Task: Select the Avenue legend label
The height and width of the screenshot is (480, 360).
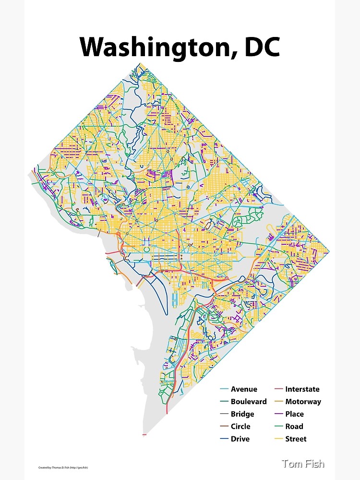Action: pos(244,389)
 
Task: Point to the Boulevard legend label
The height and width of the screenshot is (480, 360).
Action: pos(249,402)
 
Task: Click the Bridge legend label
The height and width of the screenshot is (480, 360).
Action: pos(242,414)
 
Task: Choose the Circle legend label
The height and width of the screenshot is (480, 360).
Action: pos(240,426)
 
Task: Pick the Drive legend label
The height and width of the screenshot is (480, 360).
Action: pos(240,439)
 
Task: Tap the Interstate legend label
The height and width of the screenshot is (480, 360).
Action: pos(302,389)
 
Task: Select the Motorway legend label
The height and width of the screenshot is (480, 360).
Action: pos(303,402)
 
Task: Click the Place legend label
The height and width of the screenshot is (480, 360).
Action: pos(295,414)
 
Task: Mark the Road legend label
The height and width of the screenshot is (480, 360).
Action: pos(294,426)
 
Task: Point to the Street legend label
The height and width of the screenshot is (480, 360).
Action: pos(296,439)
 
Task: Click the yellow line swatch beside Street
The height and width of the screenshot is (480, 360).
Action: pos(278,439)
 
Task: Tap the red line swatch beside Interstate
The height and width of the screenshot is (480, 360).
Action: pos(278,389)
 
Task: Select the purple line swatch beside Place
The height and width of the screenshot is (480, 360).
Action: pos(278,414)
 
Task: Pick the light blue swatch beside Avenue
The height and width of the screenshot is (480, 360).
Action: pos(224,389)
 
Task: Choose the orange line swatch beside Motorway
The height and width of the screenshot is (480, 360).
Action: pos(278,402)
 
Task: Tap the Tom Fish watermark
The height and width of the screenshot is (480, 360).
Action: pos(303,464)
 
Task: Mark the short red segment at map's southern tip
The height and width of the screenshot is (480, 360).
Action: pos(144,435)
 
